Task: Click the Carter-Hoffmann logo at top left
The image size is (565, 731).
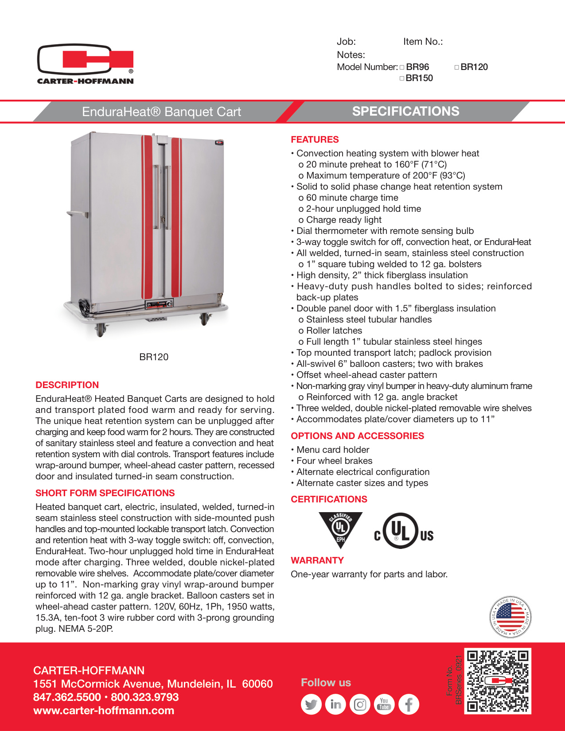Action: [x=86, y=64]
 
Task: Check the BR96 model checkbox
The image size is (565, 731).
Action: [x=402, y=67]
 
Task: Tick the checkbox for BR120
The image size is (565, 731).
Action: [x=457, y=67]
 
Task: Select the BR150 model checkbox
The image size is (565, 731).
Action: [x=402, y=78]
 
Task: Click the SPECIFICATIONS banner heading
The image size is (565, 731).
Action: [x=405, y=111]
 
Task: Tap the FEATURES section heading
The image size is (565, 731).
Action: [x=315, y=140]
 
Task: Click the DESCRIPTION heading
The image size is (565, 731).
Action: [x=67, y=385]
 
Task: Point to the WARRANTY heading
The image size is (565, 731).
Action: [x=317, y=560]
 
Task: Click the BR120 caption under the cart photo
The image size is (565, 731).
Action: [x=154, y=357]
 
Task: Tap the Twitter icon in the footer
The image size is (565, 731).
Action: [x=311, y=704]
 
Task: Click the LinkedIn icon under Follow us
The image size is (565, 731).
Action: [x=335, y=704]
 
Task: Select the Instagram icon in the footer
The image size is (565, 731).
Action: [x=360, y=704]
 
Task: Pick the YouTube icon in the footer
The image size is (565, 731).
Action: [x=384, y=704]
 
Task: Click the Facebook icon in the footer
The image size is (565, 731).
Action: [x=409, y=704]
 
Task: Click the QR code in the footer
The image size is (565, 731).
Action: [x=498, y=681]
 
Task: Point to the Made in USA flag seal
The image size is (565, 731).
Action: [x=510, y=617]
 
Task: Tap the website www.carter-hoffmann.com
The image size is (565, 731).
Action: [x=104, y=711]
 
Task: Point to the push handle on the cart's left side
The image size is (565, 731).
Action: [x=77, y=214]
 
